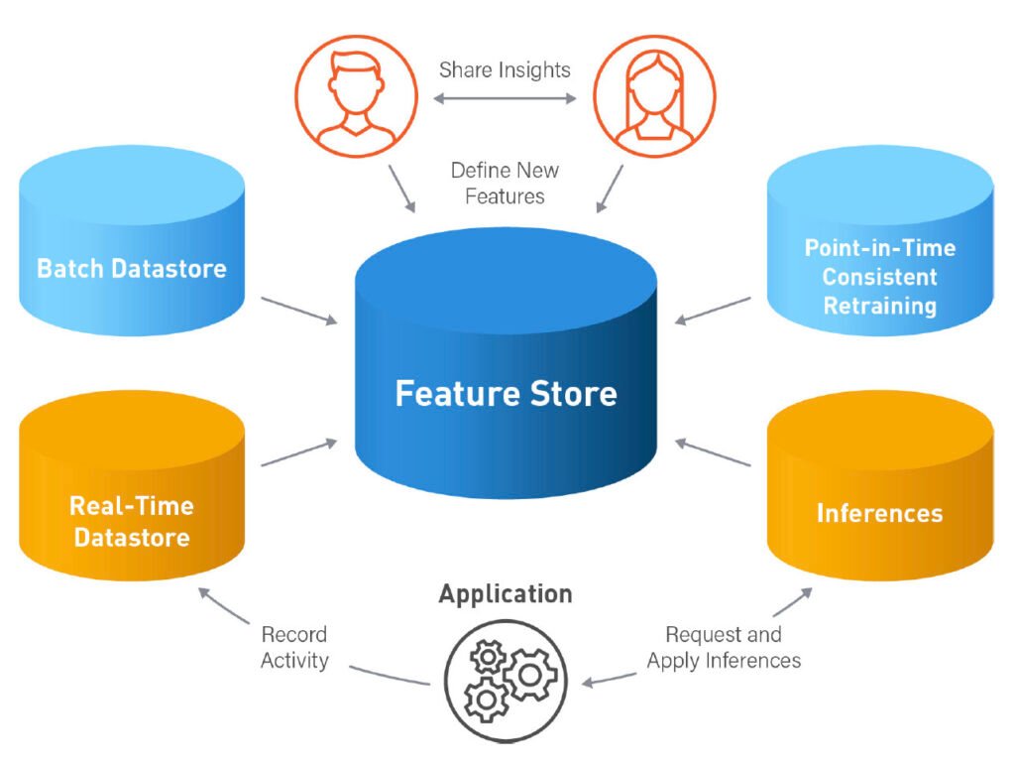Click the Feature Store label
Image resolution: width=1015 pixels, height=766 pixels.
point(506,393)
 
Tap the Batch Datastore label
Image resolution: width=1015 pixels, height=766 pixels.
point(132,268)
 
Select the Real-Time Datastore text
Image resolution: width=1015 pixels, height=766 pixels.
point(132,522)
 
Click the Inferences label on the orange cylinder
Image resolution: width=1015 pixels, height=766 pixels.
point(879,513)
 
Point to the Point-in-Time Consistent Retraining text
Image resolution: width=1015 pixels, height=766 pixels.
point(879,276)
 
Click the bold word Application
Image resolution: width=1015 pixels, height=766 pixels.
point(506,594)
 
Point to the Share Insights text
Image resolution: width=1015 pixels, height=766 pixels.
point(506,70)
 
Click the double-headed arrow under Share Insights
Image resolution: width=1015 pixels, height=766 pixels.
point(506,98)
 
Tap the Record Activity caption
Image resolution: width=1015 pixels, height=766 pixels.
point(294,647)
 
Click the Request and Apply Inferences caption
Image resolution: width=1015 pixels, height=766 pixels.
point(724,647)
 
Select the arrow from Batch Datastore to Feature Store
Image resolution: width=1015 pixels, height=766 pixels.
point(298,309)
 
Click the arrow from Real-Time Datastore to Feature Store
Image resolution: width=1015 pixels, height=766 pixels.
point(298,452)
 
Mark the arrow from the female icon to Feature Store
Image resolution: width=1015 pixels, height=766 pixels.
point(611,188)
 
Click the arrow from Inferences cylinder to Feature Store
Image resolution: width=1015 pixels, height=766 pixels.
point(713,452)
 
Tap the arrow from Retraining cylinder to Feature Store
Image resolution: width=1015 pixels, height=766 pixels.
point(713,309)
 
